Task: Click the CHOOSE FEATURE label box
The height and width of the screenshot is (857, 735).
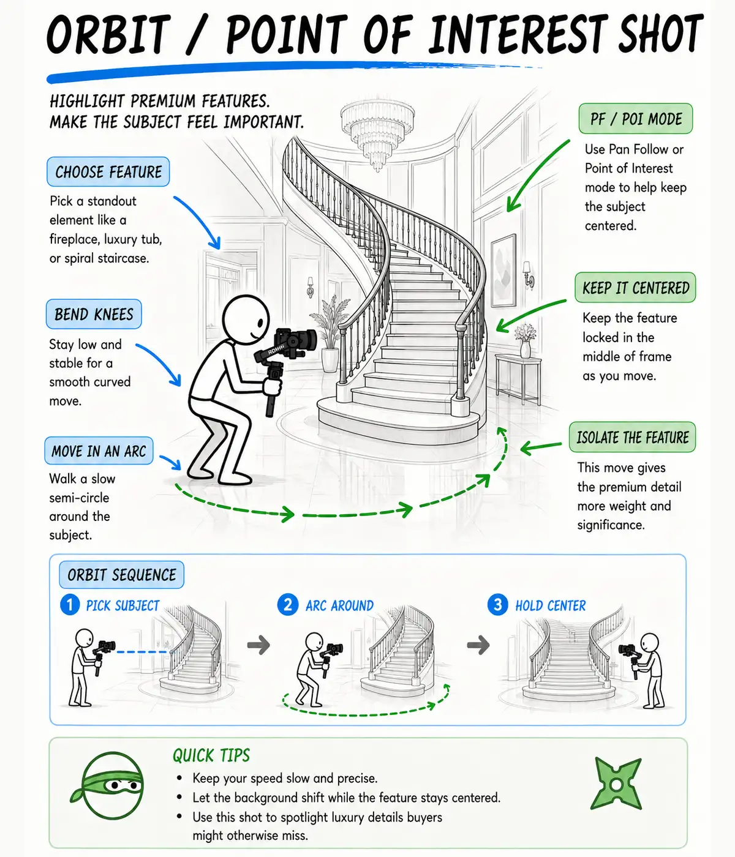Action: click(108, 171)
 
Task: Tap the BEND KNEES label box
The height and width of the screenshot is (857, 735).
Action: click(94, 314)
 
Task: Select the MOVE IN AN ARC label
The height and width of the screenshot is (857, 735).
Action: click(99, 451)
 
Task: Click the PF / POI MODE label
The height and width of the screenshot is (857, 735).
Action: click(635, 119)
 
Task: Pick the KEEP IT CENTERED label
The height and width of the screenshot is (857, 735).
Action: click(635, 287)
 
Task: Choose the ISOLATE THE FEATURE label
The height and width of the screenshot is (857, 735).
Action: click(632, 437)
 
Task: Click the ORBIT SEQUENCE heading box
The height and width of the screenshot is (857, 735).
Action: click(121, 575)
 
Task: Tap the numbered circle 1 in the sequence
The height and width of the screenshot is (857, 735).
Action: click(70, 605)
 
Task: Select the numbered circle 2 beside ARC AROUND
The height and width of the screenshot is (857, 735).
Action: click(288, 605)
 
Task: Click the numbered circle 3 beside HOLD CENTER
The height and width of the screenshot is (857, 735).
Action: click(498, 605)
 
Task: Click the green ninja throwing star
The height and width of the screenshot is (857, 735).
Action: click(616, 784)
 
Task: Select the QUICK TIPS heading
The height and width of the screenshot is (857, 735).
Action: click(211, 755)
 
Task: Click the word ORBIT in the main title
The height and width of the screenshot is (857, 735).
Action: click(108, 34)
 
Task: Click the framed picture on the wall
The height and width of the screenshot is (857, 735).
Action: click(503, 271)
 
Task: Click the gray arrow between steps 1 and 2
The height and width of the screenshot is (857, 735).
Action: click(258, 645)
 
